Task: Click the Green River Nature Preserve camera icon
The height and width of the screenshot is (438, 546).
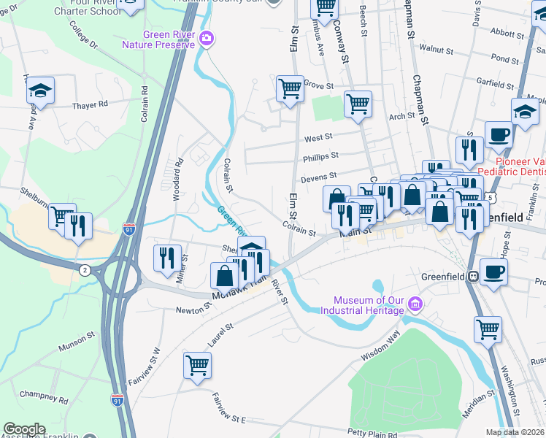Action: (207, 38)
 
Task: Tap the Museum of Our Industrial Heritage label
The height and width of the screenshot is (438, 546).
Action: (369, 305)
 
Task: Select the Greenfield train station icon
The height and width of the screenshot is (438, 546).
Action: (473, 277)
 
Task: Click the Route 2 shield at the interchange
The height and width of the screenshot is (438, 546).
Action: (85, 270)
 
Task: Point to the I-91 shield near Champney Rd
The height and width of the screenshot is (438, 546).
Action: (118, 399)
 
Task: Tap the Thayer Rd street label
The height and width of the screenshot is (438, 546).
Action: (90, 105)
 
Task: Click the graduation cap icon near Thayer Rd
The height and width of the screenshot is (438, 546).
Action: (40, 92)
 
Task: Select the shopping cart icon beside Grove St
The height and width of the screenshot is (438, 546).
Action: (290, 89)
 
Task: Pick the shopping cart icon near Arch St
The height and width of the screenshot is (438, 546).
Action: (357, 104)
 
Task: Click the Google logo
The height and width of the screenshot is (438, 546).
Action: (24, 429)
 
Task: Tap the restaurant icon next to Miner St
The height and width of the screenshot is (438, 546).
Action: (167, 257)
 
